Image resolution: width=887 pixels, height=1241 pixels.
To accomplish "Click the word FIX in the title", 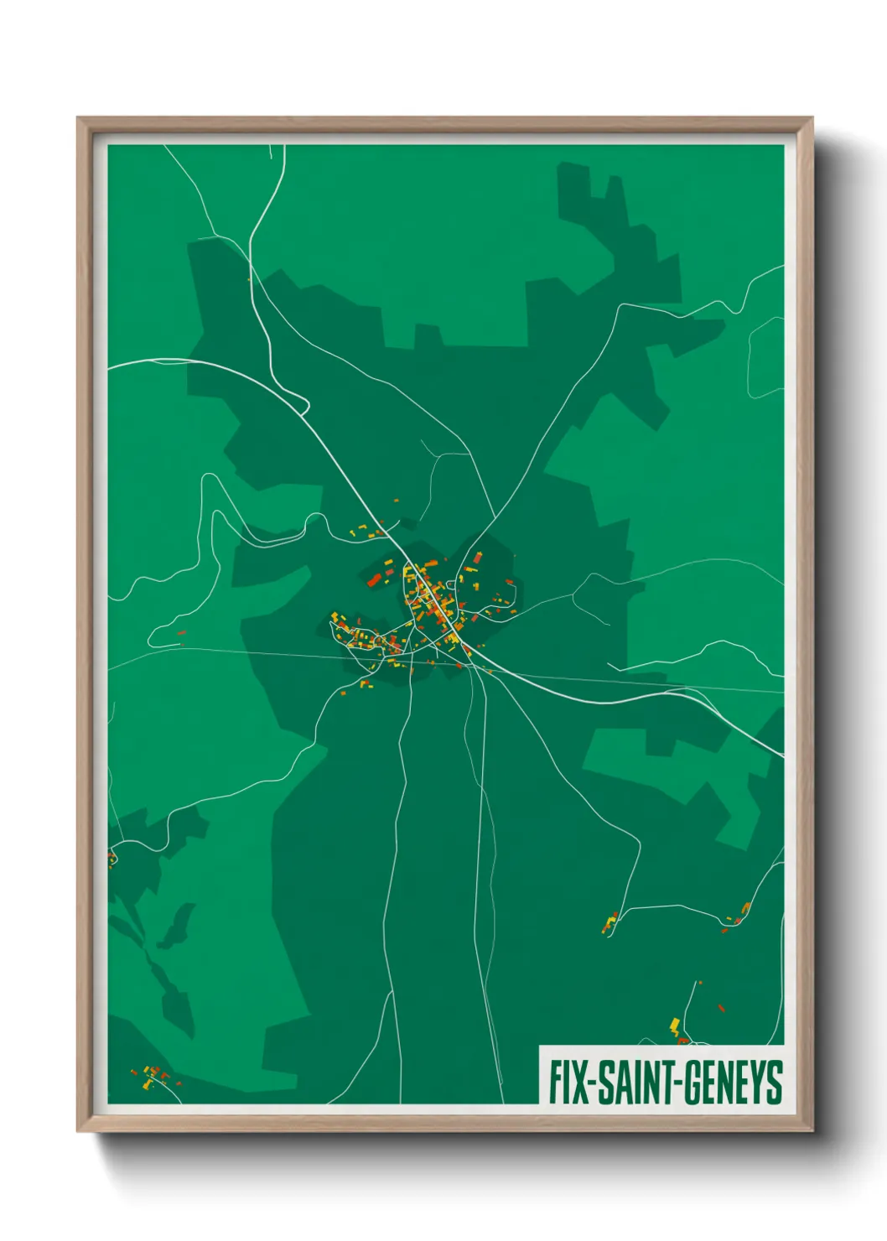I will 568,1083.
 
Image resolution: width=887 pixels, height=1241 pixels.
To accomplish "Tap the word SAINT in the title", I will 635,1083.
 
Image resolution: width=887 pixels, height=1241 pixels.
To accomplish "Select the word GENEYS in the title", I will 734,1083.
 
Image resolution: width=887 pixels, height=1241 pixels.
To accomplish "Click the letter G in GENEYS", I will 693,1083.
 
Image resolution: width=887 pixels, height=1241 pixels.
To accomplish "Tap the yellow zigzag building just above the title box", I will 675,1026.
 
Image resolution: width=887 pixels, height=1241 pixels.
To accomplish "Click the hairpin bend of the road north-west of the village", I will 306,408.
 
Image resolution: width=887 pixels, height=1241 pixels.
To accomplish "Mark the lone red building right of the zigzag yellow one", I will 721,1008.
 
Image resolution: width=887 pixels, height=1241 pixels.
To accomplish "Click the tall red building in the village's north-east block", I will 478,558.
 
